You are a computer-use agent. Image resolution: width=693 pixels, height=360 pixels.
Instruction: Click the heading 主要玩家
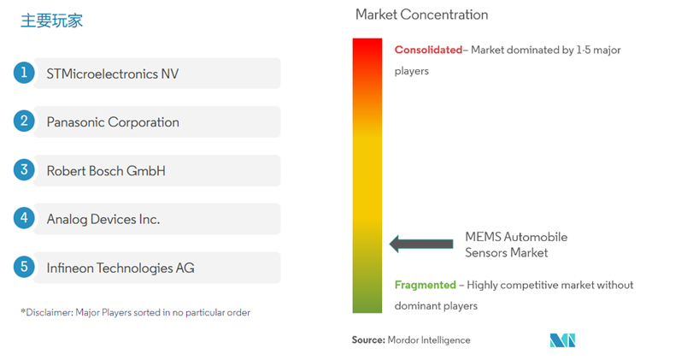point(51,21)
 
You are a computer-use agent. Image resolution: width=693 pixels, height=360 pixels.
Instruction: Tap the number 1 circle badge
point(24,73)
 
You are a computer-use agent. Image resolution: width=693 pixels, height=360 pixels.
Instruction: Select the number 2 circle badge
point(24,121)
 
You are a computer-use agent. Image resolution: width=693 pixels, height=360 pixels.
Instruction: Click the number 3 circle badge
point(24,170)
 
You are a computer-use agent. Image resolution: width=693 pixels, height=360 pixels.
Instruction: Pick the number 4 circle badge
point(24,218)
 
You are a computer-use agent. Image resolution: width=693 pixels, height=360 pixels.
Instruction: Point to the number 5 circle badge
point(24,267)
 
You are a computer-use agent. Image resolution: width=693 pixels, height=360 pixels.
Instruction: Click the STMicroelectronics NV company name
point(113,74)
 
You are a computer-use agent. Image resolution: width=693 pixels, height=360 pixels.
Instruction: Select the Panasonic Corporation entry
point(113,122)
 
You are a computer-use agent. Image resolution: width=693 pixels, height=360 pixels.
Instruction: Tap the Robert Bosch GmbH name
point(106,171)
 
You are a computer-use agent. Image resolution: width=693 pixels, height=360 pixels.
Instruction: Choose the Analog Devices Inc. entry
point(103,220)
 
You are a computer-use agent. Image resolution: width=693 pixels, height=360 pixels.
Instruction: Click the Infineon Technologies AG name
point(120,268)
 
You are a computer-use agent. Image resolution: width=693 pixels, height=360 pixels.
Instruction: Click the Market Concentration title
point(421,15)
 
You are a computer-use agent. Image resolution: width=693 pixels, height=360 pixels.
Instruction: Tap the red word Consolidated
point(428,50)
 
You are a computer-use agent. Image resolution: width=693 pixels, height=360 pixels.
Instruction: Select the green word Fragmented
point(426,285)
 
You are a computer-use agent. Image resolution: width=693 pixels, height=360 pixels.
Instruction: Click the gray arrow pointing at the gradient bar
point(421,244)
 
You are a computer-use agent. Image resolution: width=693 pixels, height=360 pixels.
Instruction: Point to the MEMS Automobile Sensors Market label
point(516,245)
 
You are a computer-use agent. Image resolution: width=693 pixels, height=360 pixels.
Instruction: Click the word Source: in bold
point(368,340)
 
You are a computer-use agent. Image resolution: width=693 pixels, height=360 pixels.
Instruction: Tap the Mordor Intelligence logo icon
point(562,340)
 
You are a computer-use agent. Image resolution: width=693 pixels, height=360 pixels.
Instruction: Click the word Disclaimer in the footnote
point(49,312)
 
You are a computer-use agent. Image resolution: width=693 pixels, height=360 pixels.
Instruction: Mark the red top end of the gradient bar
point(367,39)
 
